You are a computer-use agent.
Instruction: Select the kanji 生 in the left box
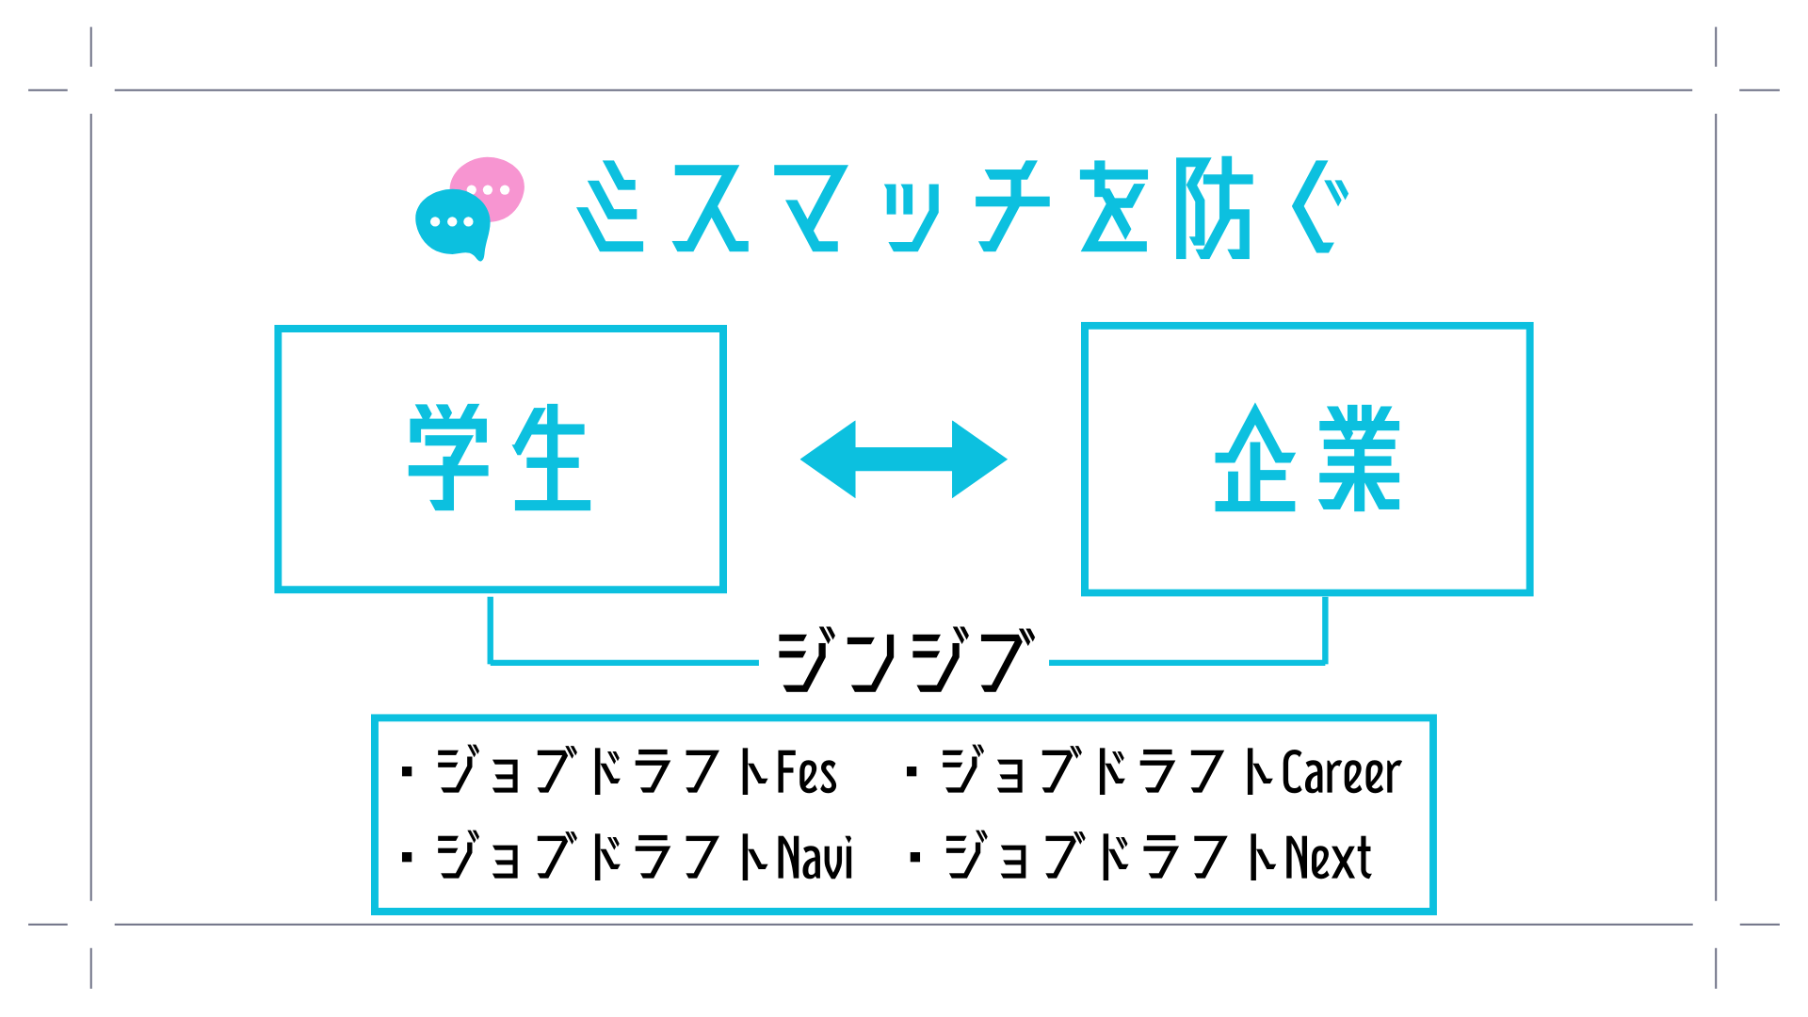tap(552, 458)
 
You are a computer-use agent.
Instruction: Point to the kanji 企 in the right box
tap(1255, 459)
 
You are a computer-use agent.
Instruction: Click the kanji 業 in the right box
tap(1359, 459)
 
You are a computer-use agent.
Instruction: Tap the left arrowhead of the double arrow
tap(829, 460)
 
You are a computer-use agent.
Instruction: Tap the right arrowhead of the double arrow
tap(979, 460)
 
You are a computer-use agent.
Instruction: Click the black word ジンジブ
tap(904, 661)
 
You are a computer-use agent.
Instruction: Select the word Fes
tap(807, 773)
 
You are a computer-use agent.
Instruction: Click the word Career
tap(1341, 773)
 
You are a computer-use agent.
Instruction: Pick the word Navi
tap(815, 858)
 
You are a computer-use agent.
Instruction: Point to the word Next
tap(1329, 858)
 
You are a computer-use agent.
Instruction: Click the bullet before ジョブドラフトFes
tap(407, 773)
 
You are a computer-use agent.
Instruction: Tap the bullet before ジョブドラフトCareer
tap(911, 773)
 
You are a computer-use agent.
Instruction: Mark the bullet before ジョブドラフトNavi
tap(407, 858)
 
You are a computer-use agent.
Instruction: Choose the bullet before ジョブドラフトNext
tap(913, 858)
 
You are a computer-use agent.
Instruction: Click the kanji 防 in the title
tap(1215, 207)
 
